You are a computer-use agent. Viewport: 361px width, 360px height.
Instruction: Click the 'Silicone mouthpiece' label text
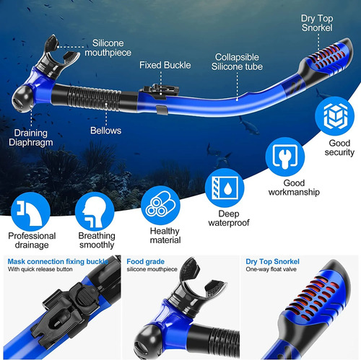click(x=108, y=48)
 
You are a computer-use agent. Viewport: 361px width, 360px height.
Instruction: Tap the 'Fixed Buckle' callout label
click(x=165, y=65)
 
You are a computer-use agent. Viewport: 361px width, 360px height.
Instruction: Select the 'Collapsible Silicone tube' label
click(x=237, y=62)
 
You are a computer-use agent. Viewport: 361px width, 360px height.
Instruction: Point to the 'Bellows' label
click(x=106, y=131)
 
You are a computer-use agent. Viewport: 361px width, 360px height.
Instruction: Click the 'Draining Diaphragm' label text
click(x=31, y=138)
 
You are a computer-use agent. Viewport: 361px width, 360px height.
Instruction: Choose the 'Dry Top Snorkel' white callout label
click(x=317, y=23)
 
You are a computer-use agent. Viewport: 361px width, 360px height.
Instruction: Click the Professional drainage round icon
click(x=30, y=211)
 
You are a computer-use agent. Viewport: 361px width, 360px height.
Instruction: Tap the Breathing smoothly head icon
click(x=95, y=211)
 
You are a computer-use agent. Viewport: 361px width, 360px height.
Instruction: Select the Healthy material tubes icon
click(x=160, y=206)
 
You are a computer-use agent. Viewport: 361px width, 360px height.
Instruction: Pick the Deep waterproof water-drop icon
click(x=225, y=188)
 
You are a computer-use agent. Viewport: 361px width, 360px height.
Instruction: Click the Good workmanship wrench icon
click(x=285, y=157)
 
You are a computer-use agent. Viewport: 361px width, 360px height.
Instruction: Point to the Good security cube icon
click(x=335, y=116)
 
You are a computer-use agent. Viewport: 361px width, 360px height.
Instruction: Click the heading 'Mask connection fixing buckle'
click(x=58, y=261)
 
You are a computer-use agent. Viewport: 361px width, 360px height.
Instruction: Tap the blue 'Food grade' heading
click(x=146, y=261)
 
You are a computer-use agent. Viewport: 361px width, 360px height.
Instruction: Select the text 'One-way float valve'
click(x=271, y=269)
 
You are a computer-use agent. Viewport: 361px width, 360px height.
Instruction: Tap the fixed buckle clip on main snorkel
click(x=160, y=92)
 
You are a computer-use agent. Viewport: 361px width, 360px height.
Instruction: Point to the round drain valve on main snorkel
click(x=22, y=99)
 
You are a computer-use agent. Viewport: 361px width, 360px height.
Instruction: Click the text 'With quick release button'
click(x=40, y=269)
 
